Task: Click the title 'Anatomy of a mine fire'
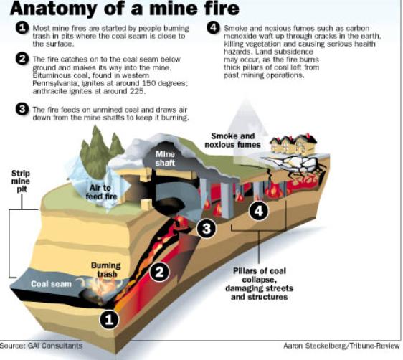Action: (124, 9)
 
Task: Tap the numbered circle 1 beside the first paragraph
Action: (22, 27)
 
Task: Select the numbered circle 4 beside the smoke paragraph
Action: (213, 27)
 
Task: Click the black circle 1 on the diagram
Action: (109, 319)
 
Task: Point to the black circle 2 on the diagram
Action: (159, 272)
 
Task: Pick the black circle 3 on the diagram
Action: (207, 228)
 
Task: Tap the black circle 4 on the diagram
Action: (259, 211)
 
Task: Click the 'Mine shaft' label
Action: (165, 158)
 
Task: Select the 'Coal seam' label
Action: (51, 284)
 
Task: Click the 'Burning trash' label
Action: (106, 270)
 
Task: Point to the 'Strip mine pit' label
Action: (21, 181)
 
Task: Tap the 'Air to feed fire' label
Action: (101, 192)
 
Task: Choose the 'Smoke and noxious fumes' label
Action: (232, 141)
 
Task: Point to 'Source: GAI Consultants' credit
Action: (41, 346)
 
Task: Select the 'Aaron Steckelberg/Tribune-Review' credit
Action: (341, 346)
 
